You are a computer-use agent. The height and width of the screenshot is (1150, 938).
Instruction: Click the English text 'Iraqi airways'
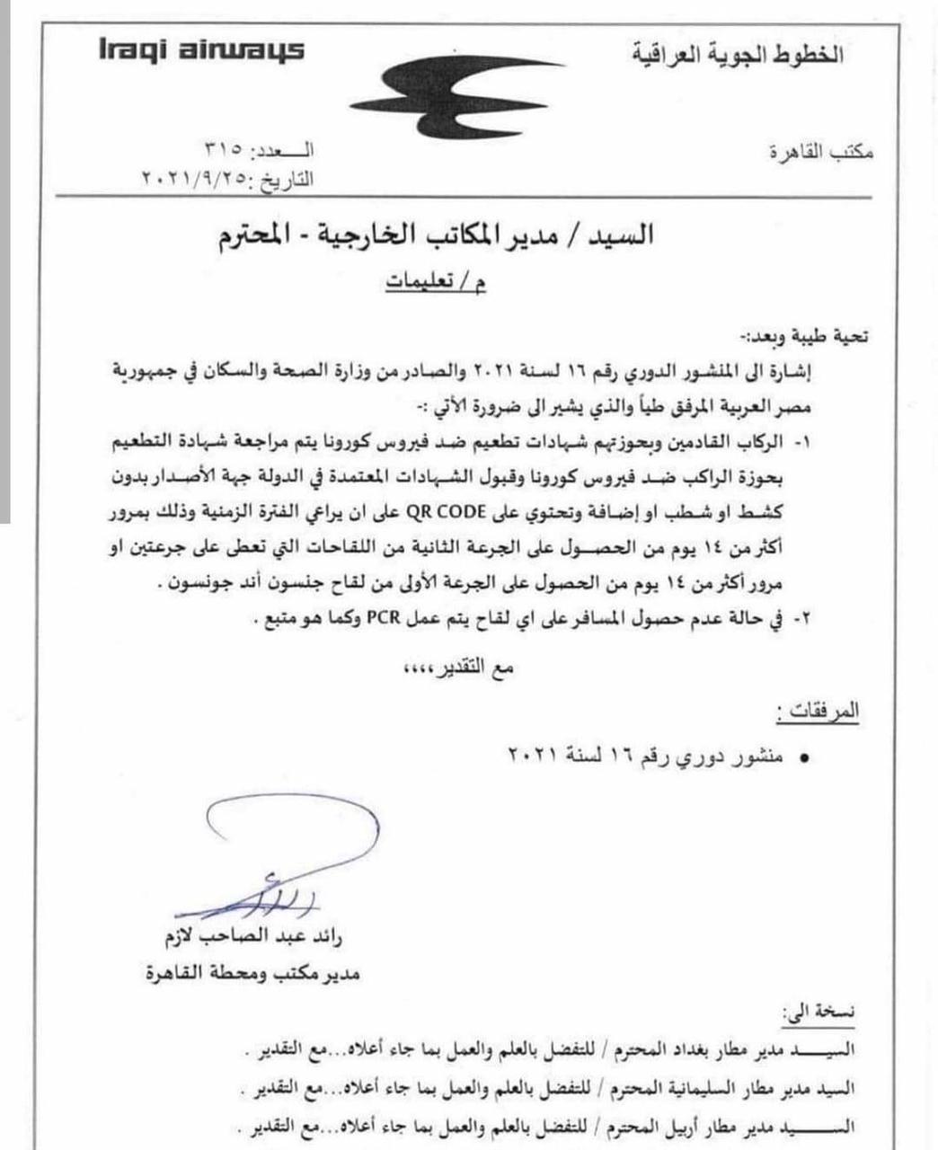click(x=201, y=50)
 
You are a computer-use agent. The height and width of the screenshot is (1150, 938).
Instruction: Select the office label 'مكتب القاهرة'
click(x=822, y=152)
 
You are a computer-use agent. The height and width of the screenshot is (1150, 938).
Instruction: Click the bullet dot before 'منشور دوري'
click(x=804, y=758)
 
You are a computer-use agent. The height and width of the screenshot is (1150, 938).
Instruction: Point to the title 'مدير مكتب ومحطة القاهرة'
click(x=253, y=972)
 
